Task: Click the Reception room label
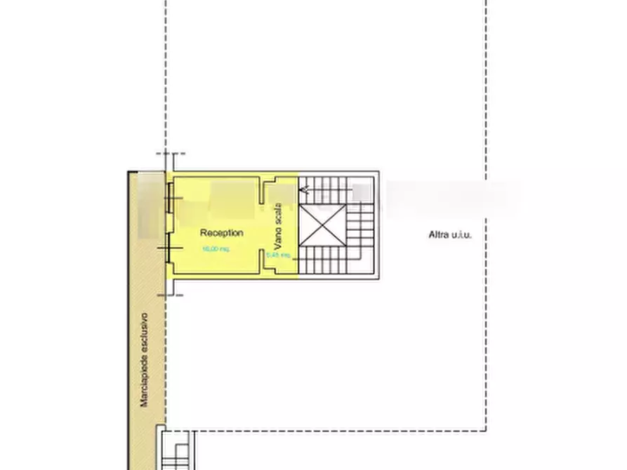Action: pos(221,233)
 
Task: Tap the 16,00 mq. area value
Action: pos(215,249)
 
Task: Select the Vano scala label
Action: pos(279,227)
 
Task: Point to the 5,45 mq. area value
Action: pos(278,255)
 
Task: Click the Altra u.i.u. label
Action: pos(450,234)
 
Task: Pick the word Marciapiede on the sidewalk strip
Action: pos(144,380)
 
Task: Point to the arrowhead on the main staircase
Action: pos(303,189)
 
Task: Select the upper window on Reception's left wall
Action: pos(169,199)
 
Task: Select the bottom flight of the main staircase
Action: pos(330,262)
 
